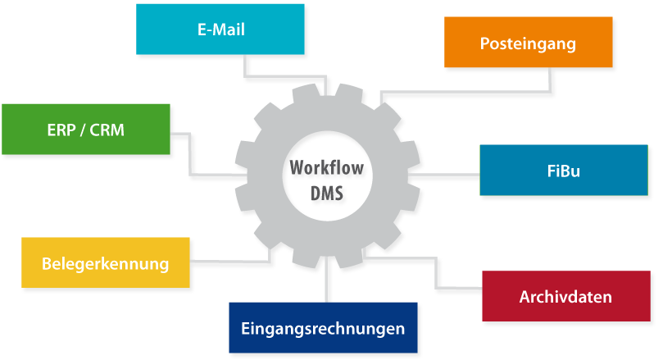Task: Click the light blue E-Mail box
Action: pos(220,30)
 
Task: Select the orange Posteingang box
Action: pos(528,43)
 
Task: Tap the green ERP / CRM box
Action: pos(85,129)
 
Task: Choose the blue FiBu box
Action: pos(563,171)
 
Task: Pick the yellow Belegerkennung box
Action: pos(105,263)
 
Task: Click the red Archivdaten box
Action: pos(565,296)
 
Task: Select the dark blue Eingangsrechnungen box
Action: pos(323,328)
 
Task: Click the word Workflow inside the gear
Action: pos(325,170)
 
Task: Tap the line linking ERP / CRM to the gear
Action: pos(190,155)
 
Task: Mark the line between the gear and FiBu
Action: pos(447,174)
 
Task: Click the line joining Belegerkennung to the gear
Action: pos(229,261)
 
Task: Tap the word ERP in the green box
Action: pos(60,129)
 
